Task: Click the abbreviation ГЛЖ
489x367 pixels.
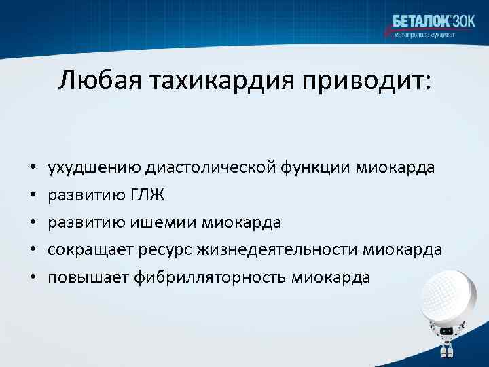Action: [x=145, y=196]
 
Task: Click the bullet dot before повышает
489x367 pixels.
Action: [x=32, y=278]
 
